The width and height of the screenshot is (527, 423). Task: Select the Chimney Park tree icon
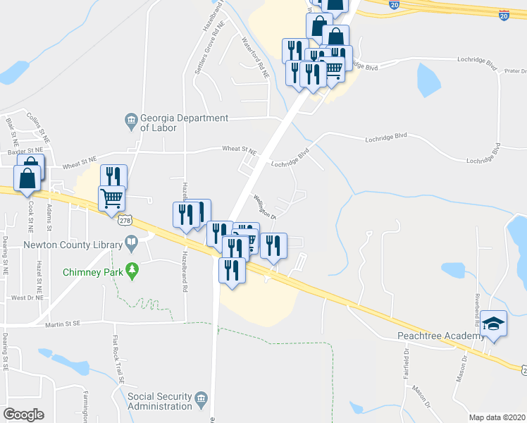coord(132,271)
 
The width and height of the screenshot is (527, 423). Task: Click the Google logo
coord(23,415)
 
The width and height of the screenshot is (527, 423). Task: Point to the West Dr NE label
coord(27,298)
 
